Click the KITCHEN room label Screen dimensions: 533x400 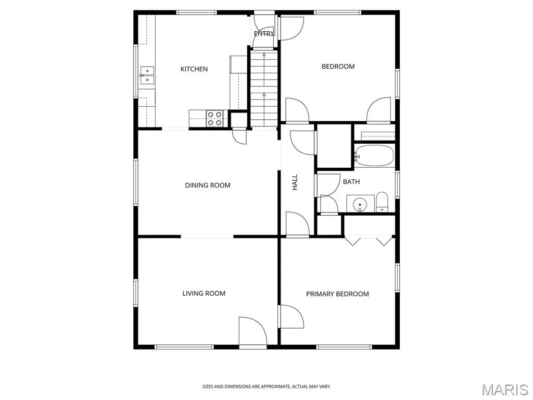click(194, 69)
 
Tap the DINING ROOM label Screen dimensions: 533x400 click(208, 185)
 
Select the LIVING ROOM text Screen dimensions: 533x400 click(204, 294)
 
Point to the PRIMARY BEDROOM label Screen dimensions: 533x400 click(337, 294)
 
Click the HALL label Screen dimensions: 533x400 click(295, 182)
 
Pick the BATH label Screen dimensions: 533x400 click(351, 182)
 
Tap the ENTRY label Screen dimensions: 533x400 click(264, 33)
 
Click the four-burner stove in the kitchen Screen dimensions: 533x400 click(215, 118)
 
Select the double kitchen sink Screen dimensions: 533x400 click(147, 75)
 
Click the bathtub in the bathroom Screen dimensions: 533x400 click(374, 156)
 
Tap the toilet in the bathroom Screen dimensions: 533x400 click(382, 202)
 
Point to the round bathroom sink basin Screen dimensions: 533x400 click(360, 205)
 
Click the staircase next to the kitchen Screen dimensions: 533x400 click(264, 89)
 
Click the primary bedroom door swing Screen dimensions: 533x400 click(291, 317)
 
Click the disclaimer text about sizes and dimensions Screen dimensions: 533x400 click(266, 387)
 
